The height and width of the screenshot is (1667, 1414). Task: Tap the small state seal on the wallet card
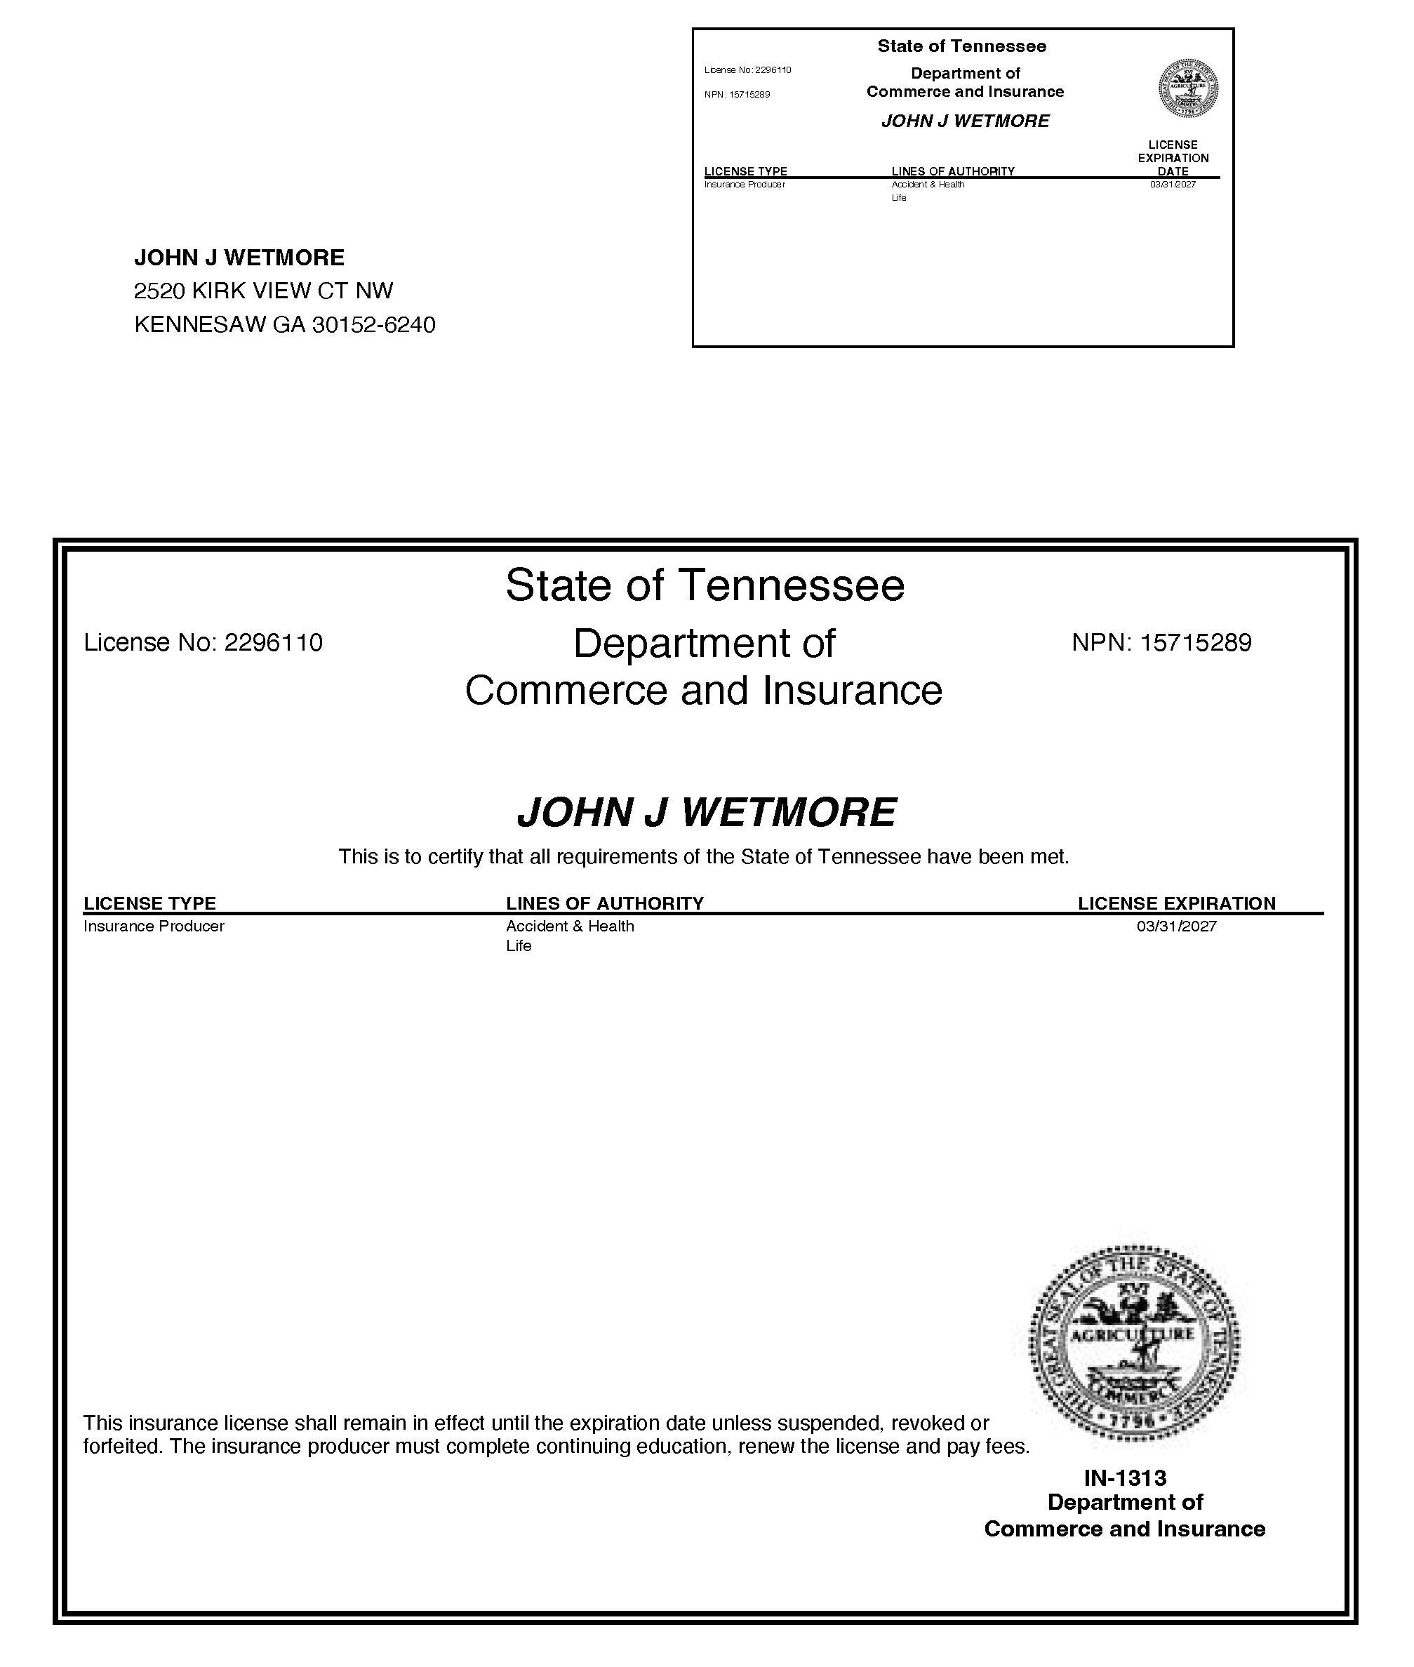point(1189,88)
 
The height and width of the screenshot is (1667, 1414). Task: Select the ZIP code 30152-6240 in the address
point(373,325)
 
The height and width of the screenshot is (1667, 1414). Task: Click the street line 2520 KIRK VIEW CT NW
point(264,291)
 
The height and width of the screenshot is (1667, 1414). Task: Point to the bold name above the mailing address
point(239,258)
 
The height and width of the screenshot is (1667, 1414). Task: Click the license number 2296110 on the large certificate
point(274,643)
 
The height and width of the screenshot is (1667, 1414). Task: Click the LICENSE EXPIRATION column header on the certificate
point(1176,903)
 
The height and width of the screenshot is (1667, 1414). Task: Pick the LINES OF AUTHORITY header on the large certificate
point(604,903)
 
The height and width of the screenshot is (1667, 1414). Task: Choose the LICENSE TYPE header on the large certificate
point(150,903)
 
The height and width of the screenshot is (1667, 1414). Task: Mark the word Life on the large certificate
point(519,946)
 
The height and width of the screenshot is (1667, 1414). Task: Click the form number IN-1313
point(1125,1477)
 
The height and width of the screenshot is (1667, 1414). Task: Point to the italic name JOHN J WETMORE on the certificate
point(706,812)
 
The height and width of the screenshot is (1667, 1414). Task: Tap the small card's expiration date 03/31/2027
point(1173,185)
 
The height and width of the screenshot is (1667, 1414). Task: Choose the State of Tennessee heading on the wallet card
point(962,46)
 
